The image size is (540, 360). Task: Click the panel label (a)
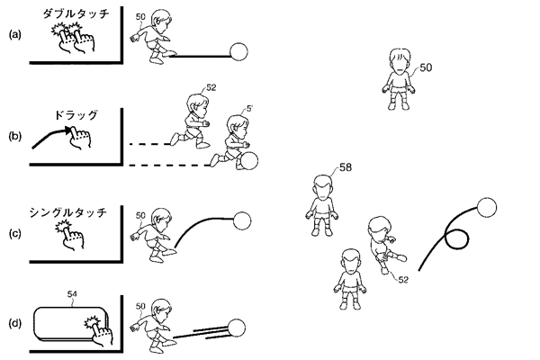14,34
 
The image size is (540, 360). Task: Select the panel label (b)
14,136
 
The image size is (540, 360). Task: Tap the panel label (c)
14,234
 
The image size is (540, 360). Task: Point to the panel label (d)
14,323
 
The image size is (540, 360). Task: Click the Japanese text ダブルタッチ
76,13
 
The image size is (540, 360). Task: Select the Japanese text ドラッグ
76,115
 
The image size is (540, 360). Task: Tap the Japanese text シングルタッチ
67,212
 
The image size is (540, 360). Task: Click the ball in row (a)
238,51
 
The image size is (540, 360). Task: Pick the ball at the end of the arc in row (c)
242,220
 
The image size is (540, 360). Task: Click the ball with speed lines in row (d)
236,328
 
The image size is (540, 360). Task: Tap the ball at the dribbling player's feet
248,160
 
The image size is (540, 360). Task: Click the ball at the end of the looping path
487,208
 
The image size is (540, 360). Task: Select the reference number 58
346,167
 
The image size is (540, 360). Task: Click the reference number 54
72,294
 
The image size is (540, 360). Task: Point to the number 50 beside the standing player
426,67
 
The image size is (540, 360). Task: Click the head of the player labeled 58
323,187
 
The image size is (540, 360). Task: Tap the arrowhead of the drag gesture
69,130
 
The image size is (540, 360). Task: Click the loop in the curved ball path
457,238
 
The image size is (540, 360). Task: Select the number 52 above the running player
211,87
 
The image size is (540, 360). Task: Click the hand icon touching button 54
100,329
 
